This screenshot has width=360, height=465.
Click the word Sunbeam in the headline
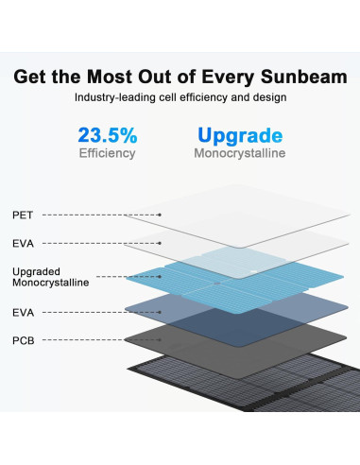coord(304,77)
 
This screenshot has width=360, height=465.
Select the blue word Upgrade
coord(240,134)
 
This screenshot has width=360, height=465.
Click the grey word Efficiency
coord(107,153)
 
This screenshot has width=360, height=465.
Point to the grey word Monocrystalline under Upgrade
coord(240,153)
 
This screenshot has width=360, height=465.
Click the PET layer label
coord(22,215)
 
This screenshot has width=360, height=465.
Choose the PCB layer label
coord(23,338)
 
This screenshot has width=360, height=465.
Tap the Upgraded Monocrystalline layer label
coord(50,276)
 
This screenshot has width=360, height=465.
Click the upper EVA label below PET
coord(23,243)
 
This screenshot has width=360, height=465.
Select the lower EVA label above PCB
coord(23,310)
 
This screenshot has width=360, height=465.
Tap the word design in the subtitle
coord(267,97)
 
